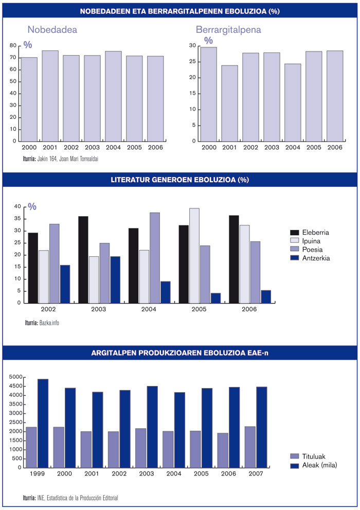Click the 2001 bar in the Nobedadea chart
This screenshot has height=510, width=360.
click(x=50, y=96)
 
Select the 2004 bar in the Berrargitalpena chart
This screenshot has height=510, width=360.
click(x=293, y=102)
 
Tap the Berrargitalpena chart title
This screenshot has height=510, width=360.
click(x=228, y=30)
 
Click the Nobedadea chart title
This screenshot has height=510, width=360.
click(x=52, y=30)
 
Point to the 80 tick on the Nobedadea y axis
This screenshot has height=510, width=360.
click(x=13, y=45)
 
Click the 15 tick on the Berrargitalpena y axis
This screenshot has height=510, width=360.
click(x=193, y=93)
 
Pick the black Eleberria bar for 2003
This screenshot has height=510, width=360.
click(x=83, y=259)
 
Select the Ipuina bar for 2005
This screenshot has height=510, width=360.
click(x=194, y=256)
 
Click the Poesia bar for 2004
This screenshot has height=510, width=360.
click(x=155, y=258)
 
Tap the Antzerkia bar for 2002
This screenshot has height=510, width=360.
click(x=65, y=284)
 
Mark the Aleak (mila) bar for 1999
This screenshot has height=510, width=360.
click(x=43, y=423)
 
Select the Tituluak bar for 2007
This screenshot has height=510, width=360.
click(x=250, y=447)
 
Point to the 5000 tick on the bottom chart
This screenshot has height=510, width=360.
click(x=15, y=377)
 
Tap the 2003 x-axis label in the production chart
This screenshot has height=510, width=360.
click(x=147, y=473)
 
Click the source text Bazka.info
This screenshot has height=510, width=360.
click(x=49, y=323)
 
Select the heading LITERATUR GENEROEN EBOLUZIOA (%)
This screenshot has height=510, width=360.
click(x=179, y=180)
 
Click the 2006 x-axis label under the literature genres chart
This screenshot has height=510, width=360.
click(x=249, y=309)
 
